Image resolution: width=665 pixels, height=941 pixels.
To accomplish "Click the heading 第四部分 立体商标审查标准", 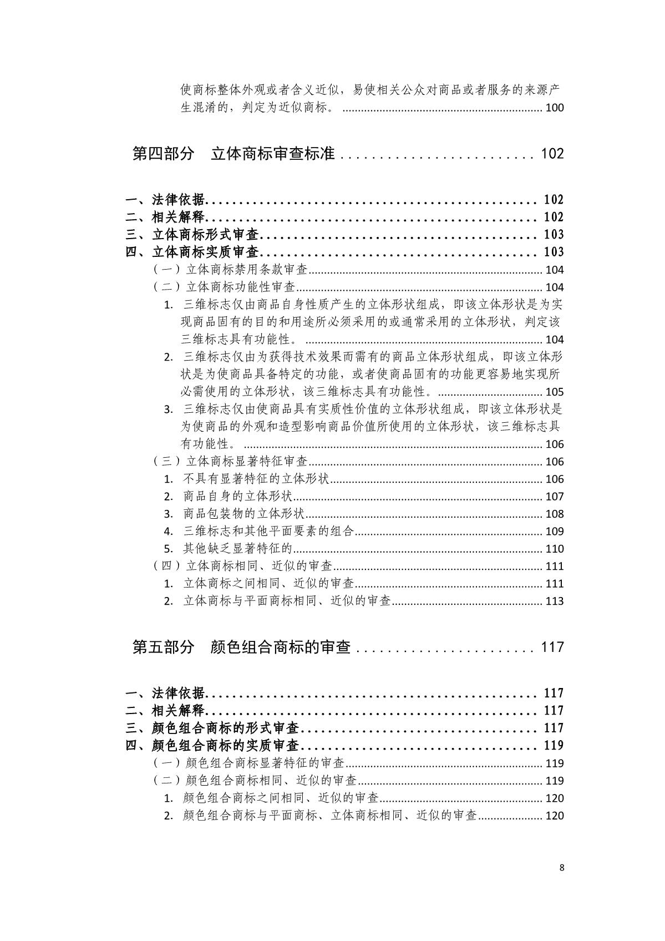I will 233,154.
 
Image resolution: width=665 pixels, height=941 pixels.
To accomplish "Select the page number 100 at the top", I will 554,108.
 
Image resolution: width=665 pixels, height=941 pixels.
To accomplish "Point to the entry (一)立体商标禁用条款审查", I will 230,270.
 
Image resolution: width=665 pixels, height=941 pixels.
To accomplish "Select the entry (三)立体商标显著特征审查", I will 230,462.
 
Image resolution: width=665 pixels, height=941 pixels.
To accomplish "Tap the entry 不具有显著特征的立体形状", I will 256,479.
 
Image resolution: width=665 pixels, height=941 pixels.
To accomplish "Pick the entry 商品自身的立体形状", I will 237,497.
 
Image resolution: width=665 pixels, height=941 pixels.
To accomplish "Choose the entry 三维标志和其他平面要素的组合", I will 268,532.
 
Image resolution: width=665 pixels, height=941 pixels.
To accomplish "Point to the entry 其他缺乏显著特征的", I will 237,549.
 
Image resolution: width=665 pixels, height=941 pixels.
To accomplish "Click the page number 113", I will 554,601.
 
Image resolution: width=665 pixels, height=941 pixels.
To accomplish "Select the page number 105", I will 554,392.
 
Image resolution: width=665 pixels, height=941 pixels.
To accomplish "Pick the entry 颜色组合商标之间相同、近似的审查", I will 281,798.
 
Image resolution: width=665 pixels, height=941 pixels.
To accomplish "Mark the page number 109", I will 554,532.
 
